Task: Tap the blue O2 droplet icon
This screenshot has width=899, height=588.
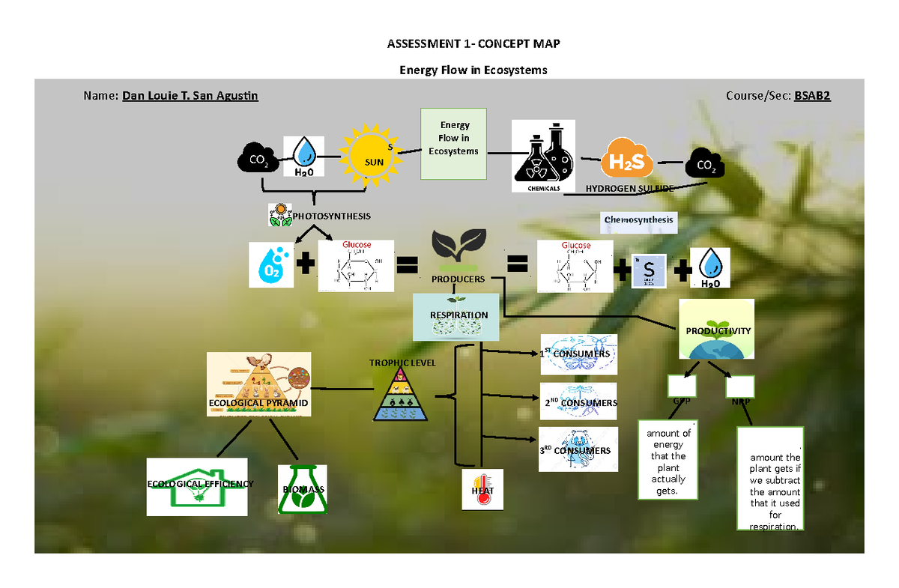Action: (x=273, y=264)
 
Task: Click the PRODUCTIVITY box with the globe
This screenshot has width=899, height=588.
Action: (x=717, y=330)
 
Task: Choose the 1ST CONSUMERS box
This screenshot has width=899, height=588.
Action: (x=578, y=354)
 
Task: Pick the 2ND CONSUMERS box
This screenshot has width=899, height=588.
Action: (x=578, y=403)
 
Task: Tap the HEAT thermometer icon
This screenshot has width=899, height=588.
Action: (x=482, y=490)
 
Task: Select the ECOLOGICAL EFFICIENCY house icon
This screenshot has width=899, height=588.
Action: (x=197, y=486)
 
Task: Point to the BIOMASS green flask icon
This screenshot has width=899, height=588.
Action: (x=303, y=489)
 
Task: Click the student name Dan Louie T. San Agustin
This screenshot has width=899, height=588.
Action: (x=190, y=97)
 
